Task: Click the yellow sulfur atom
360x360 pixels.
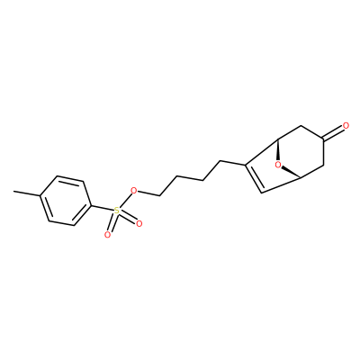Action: pyautogui.click(x=116, y=211)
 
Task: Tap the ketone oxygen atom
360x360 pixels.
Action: pyautogui.click(x=346, y=126)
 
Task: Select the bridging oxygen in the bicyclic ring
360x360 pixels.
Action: pyautogui.click(x=278, y=165)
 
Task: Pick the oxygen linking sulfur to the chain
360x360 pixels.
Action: pyautogui.click(x=134, y=191)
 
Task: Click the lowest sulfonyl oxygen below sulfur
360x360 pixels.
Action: pyautogui.click(x=107, y=235)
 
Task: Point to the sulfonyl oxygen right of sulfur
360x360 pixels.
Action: pyautogui.click(x=139, y=223)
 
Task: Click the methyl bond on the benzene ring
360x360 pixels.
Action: pyautogui.click(x=27, y=193)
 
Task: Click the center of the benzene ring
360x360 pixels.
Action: pyautogui.click(x=65, y=201)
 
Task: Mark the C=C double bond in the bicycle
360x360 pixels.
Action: pyautogui.click(x=254, y=178)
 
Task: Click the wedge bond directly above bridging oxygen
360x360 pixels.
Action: pyautogui.click(x=278, y=149)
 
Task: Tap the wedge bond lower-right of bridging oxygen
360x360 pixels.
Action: pyautogui.click(x=292, y=173)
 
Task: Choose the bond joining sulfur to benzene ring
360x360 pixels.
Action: pyautogui.click(x=102, y=209)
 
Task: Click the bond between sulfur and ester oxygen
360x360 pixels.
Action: pyautogui.click(x=125, y=200)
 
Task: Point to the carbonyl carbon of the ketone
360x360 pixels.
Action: pyautogui.click(x=322, y=139)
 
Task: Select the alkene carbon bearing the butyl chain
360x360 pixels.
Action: pyautogui.click(x=246, y=165)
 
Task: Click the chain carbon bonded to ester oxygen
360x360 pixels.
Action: pyautogui.click(x=159, y=196)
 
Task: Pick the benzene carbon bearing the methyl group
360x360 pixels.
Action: pyautogui.click(x=40, y=195)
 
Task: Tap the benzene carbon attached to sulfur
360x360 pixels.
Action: pyautogui.click(x=90, y=205)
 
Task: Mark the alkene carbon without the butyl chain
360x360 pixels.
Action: pyautogui.click(x=262, y=193)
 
